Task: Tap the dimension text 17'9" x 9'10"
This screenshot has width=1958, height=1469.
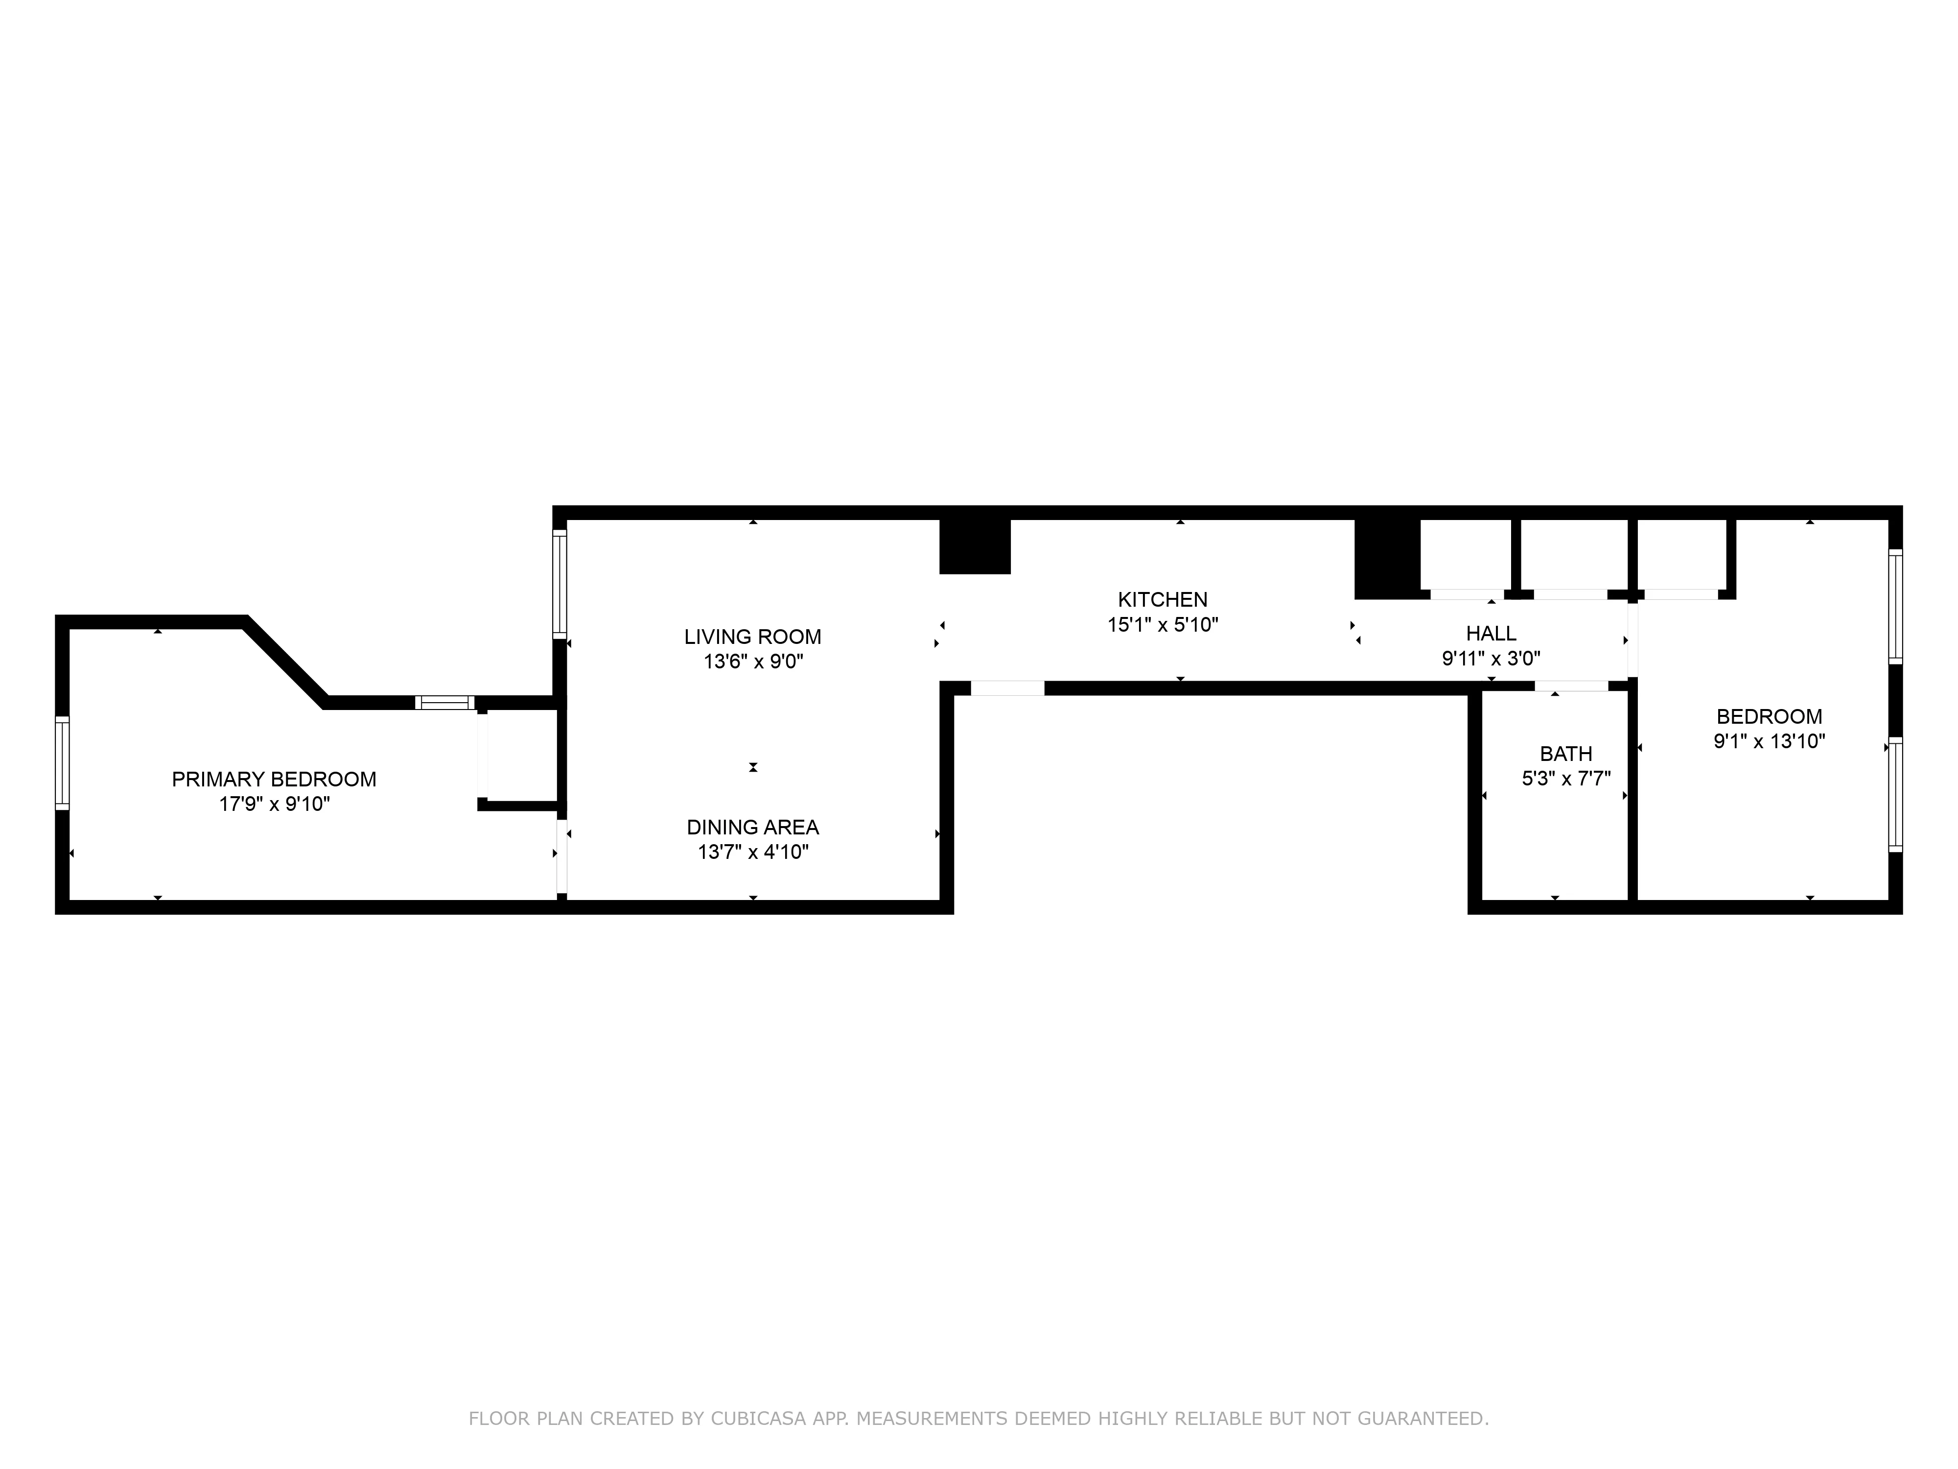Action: [275, 804]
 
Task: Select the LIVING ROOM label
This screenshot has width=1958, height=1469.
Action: [752, 637]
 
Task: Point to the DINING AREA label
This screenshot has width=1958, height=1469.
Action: [752, 827]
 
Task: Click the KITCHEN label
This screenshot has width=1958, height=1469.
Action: [1162, 599]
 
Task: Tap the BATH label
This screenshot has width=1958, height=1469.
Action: [1566, 754]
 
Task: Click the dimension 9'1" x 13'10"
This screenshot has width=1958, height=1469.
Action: [1769, 741]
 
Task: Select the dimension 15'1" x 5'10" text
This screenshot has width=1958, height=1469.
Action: [1162, 624]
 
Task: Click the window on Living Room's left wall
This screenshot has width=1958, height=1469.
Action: [559, 584]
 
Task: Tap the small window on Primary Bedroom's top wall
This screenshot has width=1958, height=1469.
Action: [445, 703]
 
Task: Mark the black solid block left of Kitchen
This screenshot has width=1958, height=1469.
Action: [975, 546]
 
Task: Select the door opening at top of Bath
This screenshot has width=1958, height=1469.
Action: [1571, 686]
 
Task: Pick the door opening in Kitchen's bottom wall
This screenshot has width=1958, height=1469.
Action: [1007, 688]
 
